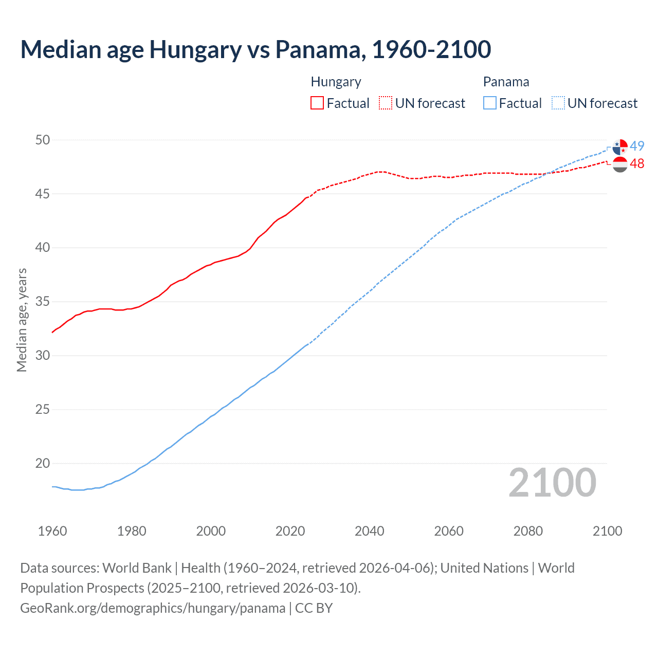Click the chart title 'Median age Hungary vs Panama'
point(255,49)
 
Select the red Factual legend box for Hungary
point(317,103)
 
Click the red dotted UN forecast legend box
point(385,103)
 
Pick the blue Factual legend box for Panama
point(489,103)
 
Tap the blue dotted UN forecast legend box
point(558,103)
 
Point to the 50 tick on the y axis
point(43,140)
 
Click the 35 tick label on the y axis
point(43,301)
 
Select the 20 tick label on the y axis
point(43,463)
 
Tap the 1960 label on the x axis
point(52,531)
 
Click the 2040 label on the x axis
point(369,531)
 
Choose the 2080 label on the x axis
point(528,531)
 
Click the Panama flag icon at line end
point(620,147)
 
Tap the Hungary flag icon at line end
point(620,164)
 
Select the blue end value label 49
point(637,146)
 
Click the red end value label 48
point(637,163)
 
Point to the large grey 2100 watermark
point(552,483)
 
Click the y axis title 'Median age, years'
point(22,320)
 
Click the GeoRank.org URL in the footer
point(153,608)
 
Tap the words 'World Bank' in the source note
point(137,568)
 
